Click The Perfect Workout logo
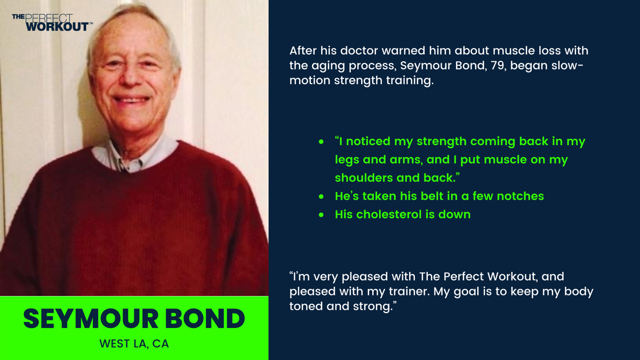(x=51, y=22)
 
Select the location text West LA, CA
(x=134, y=344)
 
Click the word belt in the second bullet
(x=430, y=196)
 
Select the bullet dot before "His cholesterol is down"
(x=321, y=214)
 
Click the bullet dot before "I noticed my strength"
(x=321, y=142)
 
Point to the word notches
(x=519, y=196)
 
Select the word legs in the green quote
(x=347, y=160)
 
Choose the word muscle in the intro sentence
(x=487, y=52)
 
